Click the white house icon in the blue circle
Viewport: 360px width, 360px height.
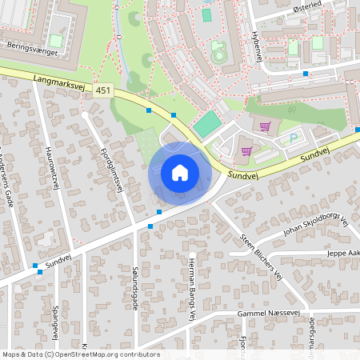click(x=180, y=173)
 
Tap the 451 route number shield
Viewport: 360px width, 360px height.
click(x=102, y=90)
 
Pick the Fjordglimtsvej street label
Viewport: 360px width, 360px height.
click(x=112, y=168)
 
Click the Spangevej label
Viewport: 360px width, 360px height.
click(x=55, y=320)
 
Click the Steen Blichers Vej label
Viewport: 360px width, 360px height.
click(x=263, y=257)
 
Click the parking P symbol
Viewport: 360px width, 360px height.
click(x=293, y=138)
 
